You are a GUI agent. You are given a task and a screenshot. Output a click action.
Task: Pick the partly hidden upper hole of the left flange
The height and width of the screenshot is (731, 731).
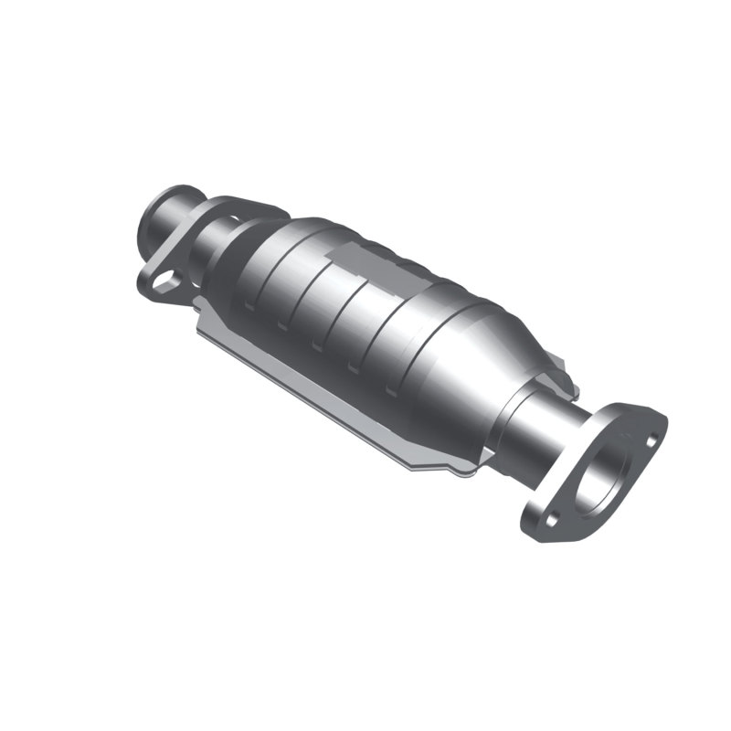point(234,219)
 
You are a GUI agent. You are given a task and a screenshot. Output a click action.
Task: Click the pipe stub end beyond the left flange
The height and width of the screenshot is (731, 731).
point(164,209)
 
